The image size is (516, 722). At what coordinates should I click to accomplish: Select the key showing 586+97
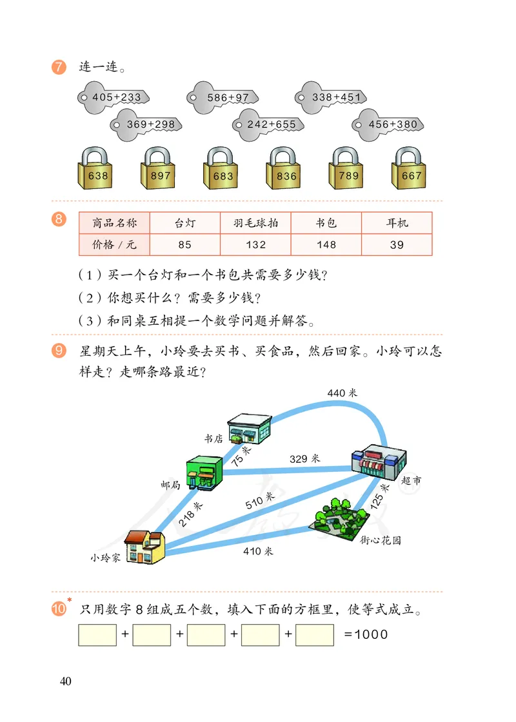226,97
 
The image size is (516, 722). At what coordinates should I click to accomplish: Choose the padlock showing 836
286,170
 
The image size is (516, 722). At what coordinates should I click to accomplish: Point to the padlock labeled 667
412,170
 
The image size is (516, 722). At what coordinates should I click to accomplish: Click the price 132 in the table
255,244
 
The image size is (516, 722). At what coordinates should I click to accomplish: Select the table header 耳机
397,223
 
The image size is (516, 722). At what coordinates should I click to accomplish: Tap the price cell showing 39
397,244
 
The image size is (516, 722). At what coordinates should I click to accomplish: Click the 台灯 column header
184,223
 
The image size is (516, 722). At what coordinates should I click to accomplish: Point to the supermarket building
379,461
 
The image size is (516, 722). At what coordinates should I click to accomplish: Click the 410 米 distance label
258,551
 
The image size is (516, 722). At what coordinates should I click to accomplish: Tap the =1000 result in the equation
366,634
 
